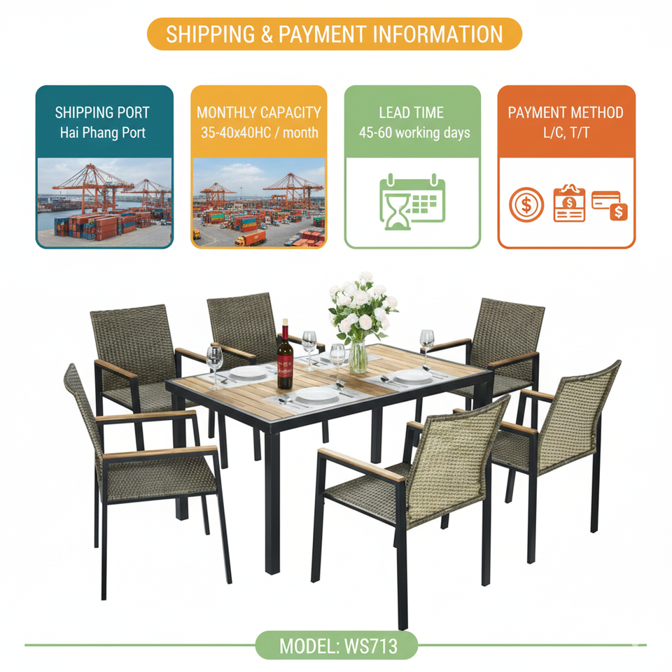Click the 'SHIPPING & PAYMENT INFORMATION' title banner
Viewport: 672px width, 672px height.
pyautogui.click(x=335, y=34)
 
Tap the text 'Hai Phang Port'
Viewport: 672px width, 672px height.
pyautogui.click(x=103, y=132)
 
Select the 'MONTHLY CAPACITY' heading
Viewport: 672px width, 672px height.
pyautogui.click(x=258, y=112)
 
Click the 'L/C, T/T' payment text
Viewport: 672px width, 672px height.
pyautogui.click(x=566, y=132)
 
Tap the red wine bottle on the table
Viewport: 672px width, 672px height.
pyautogui.click(x=284, y=360)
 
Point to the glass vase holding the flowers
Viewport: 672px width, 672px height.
pyautogui.click(x=358, y=356)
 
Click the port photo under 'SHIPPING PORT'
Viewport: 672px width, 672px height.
pyautogui.click(x=104, y=202)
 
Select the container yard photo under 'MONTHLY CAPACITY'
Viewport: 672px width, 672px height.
pyautogui.click(x=258, y=202)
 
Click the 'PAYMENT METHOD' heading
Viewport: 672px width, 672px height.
pyautogui.click(x=566, y=112)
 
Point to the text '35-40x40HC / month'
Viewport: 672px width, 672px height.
pyautogui.click(x=258, y=132)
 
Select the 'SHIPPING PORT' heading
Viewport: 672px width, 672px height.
pyautogui.click(x=103, y=112)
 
